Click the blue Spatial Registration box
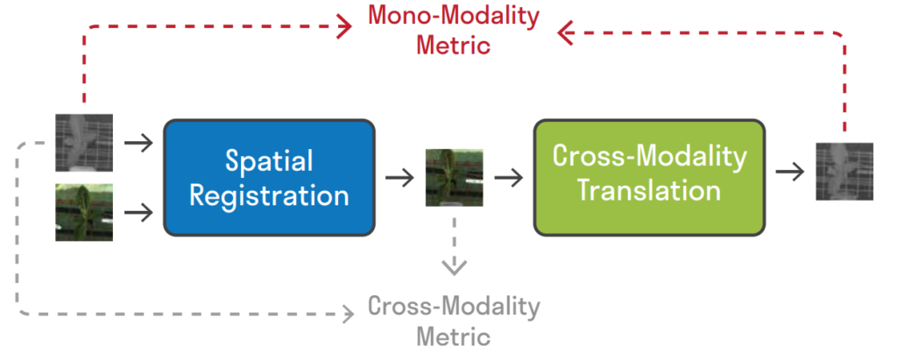(269, 178)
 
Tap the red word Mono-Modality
(453, 17)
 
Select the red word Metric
(453, 44)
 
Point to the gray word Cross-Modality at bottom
(454, 307)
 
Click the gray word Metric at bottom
(454, 335)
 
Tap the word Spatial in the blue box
(269, 161)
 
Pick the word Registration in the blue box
(269, 194)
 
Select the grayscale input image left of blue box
(84, 143)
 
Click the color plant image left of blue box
(84, 212)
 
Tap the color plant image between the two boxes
(454, 178)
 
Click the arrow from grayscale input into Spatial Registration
(138, 142)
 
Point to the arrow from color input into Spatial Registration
(138, 212)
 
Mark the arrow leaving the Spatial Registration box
(399, 178)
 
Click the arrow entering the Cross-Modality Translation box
(508, 178)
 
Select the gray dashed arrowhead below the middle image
(454, 265)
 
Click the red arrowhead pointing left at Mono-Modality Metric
(565, 33)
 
